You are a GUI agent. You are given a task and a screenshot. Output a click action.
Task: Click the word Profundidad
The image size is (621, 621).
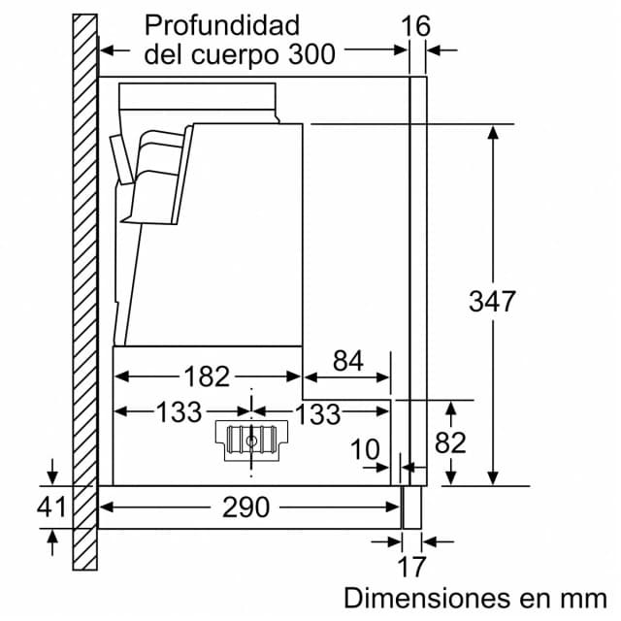click(x=222, y=27)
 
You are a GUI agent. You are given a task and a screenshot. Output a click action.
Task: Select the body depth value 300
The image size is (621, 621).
click(x=312, y=54)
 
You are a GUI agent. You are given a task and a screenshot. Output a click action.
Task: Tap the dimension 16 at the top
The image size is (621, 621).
click(x=415, y=26)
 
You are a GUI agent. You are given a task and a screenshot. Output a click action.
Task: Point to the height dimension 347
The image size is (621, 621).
click(x=492, y=301)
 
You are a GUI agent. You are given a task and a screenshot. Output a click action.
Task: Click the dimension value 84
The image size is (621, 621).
click(x=348, y=361)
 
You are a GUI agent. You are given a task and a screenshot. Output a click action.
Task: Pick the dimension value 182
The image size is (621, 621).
click(x=207, y=376)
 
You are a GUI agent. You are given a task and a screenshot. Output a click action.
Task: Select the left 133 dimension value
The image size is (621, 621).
click(x=179, y=411)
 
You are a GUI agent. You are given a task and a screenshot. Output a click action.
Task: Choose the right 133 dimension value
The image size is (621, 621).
click(x=318, y=414)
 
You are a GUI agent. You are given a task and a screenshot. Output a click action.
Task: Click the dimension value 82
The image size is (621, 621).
click(x=450, y=442)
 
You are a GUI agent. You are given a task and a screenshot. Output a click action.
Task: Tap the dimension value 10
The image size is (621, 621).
click(x=365, y=449)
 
